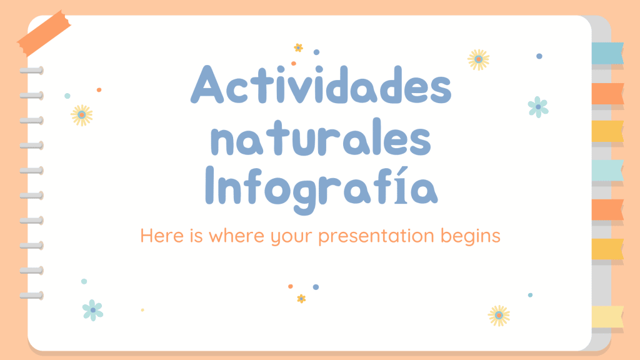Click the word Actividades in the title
pyautogui.click(x=321, y=84)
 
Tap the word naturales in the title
pyautogui.click(x=321, y=137)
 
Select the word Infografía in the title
pyautogui.click(x=321, y=189)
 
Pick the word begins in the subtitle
pyautogui.click(x=470, y=236)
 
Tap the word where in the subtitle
pyautogui.click(x=236, y=236)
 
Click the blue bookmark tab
pyautogui.click(x=607, y=53)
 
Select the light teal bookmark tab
pyautogui.click(x=607, y=170)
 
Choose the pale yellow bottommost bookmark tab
pyautogui.click(x=607, y=317)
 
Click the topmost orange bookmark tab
pyautogui.click(x=607, y=94)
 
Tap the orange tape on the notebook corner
pyautogui.click(x=44, y=32)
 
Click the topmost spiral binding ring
pyautogui.click(x=31, y=71)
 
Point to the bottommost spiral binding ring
pyautogui.click(x=31, y=296)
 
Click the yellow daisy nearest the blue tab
pyautogui.click(x=478, y=59)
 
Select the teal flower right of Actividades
pyautogui.click(x=538, y=107)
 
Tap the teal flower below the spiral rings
pyautogui.click(x=92, y=310)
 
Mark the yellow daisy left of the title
pyautogui.click(x=82, y=115)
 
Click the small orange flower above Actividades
pyautogui.click(x=298, y=47)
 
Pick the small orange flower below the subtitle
pyautogui.click(x=301, y=299)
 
